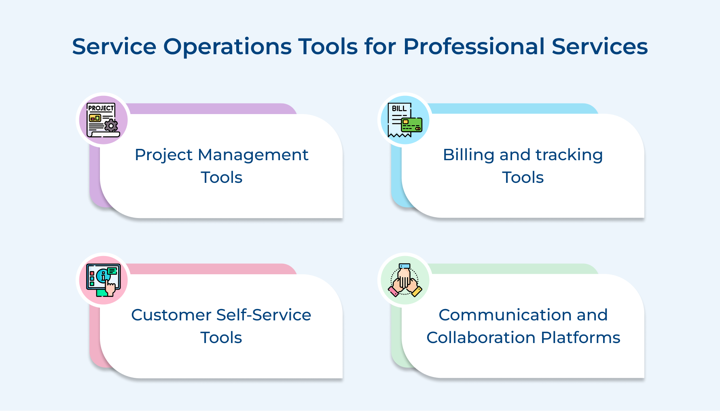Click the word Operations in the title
click(x=227, y=47)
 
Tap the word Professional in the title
click(x=474, y=46)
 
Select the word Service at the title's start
click(x=114, y=46)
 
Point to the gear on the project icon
click(x=111, y=125)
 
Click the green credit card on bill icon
click(x=412, y=125)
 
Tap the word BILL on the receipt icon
click(x=399, y=108)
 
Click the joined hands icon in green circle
click(x=405, y=280)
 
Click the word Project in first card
click(x=163, y=155)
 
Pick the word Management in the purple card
click(x=253, y=155)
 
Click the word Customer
click(x=171, y=315)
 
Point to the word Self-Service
click(x=264, y=315)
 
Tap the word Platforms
click(x=580, y=338)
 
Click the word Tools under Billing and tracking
click(x=523, y=178)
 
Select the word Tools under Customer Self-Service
click(x=221, y=338)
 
